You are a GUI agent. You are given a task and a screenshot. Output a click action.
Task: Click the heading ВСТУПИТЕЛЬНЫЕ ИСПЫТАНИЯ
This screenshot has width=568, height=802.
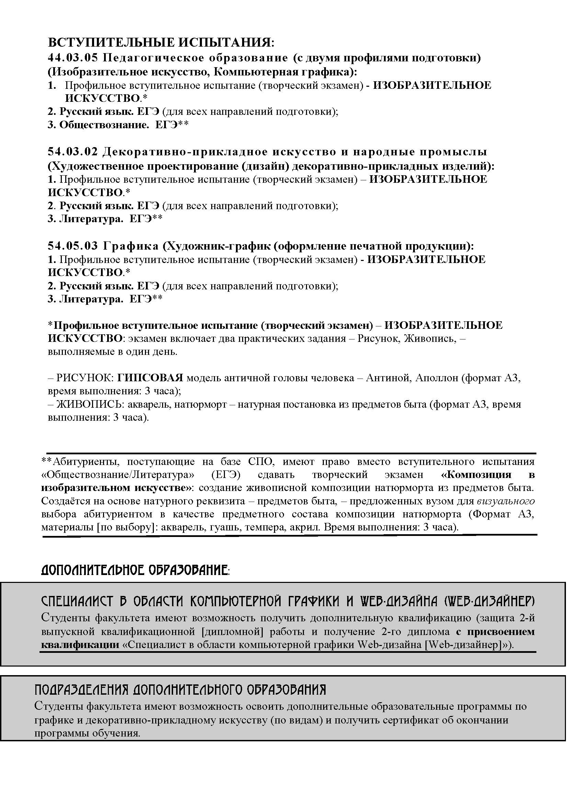pos(161,43)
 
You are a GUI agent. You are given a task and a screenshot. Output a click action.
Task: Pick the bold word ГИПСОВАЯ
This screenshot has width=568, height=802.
pos(150,378)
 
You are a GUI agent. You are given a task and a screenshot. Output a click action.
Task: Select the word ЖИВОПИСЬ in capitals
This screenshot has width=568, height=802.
pos(89,404)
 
